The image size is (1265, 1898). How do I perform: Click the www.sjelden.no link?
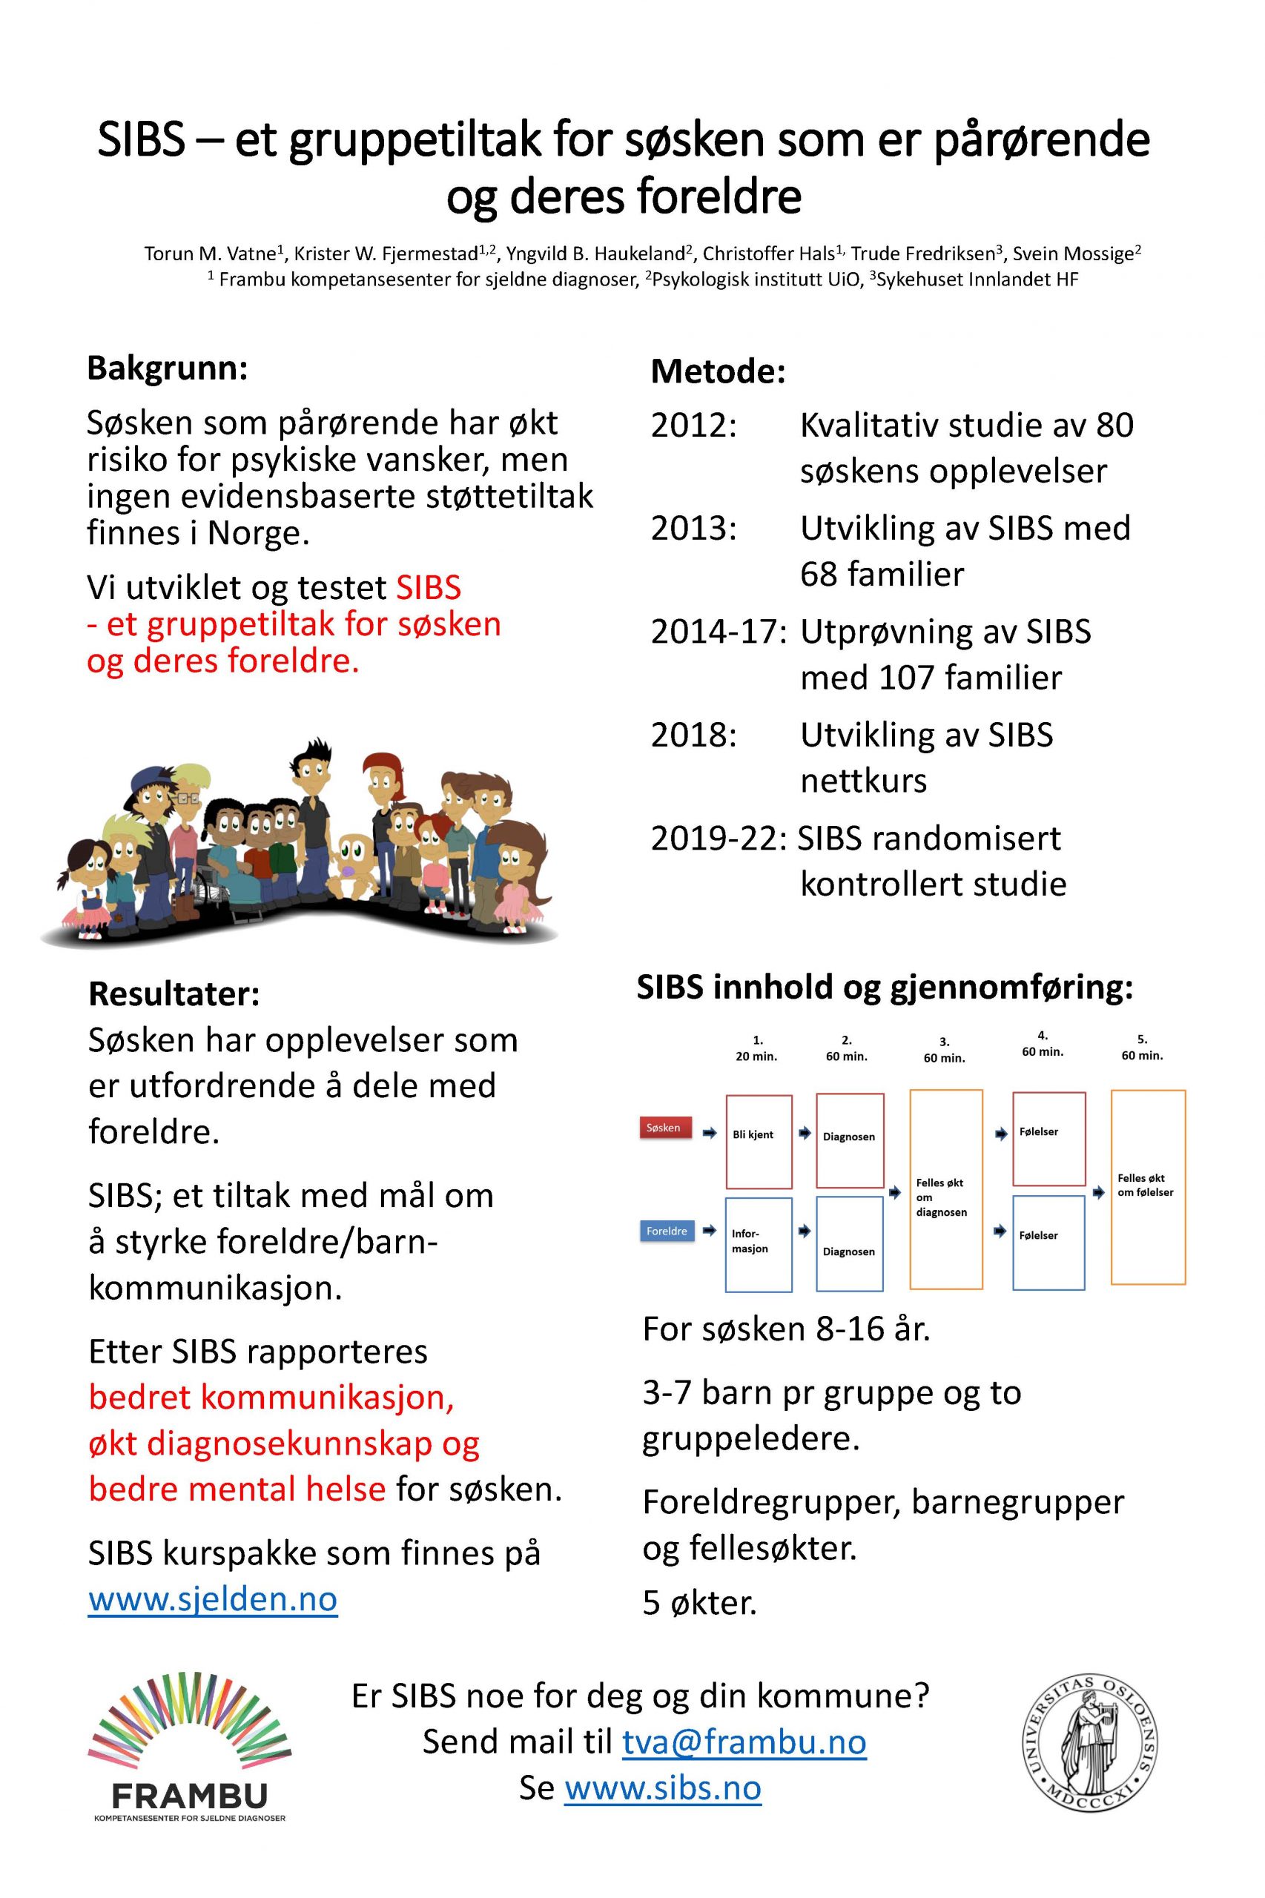212,1598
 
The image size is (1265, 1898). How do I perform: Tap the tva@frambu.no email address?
744,1742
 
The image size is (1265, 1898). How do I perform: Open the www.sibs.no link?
662,1788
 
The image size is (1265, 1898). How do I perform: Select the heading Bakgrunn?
167,368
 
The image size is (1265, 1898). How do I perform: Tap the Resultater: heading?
174,993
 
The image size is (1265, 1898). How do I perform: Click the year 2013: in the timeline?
694,529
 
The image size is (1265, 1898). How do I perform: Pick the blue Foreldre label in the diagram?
667,1231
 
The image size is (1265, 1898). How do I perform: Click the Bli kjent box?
759,1140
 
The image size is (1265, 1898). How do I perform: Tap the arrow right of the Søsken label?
709,1134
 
